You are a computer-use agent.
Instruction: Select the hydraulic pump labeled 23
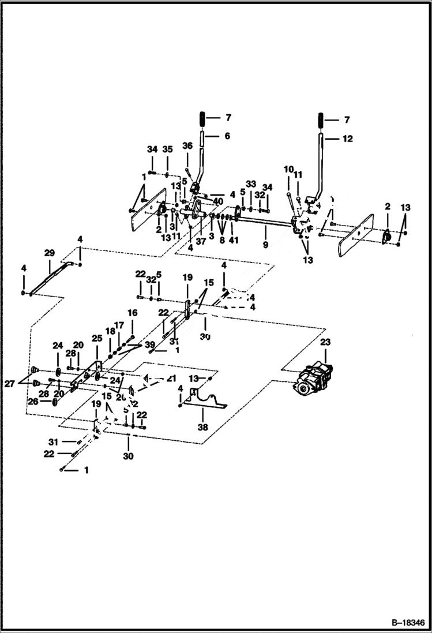[314, 381]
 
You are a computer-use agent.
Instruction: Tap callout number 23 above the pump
[325, 342]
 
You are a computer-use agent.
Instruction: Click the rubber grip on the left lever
[202, 118]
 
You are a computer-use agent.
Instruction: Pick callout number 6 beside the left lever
[227, 136]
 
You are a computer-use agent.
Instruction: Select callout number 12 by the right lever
[347, 139]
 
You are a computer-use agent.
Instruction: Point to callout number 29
[49, 253]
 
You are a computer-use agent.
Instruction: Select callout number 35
[167, 149]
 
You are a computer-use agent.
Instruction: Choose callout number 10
[288, 168]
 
